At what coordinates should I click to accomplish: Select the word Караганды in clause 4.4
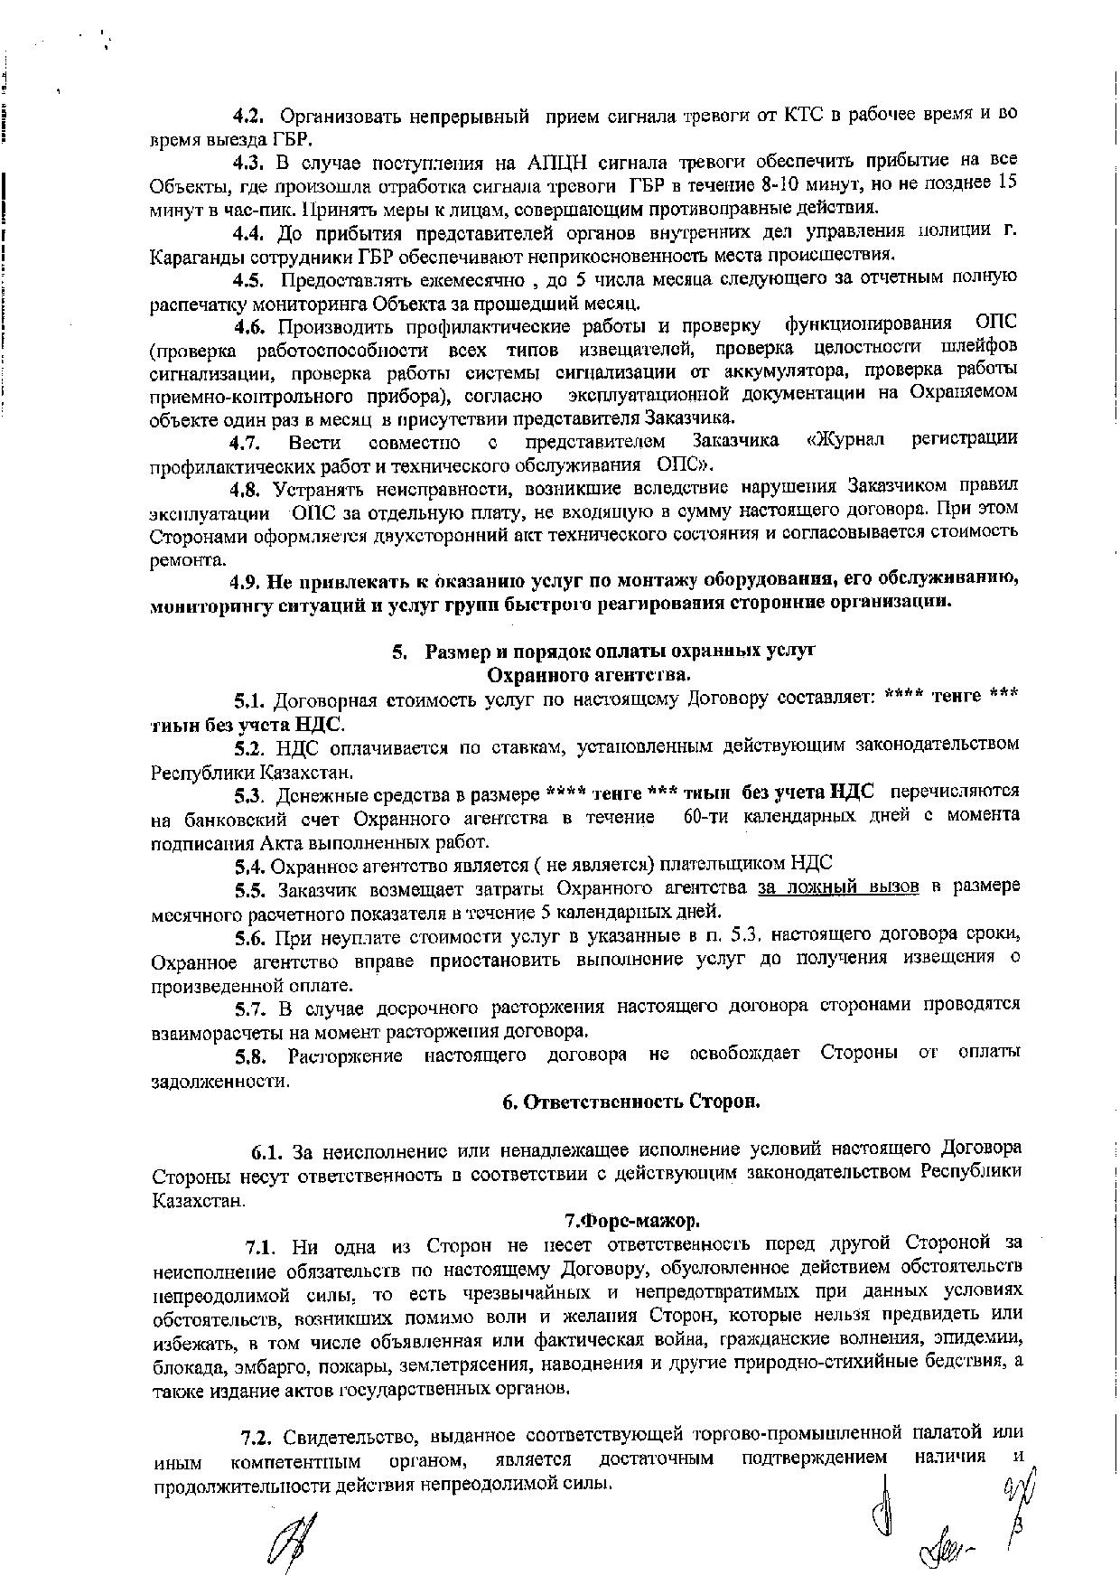[191, 255]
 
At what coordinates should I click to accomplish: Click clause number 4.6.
[250, 325]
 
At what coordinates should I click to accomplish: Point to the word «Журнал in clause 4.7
[844, 441]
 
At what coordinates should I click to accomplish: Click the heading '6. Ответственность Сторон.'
[631, 1102]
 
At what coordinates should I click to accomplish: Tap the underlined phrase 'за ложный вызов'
[838, 887]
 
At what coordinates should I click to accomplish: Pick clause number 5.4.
[248, 865]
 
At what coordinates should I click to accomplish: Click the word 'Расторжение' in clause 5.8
[344, 1055]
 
